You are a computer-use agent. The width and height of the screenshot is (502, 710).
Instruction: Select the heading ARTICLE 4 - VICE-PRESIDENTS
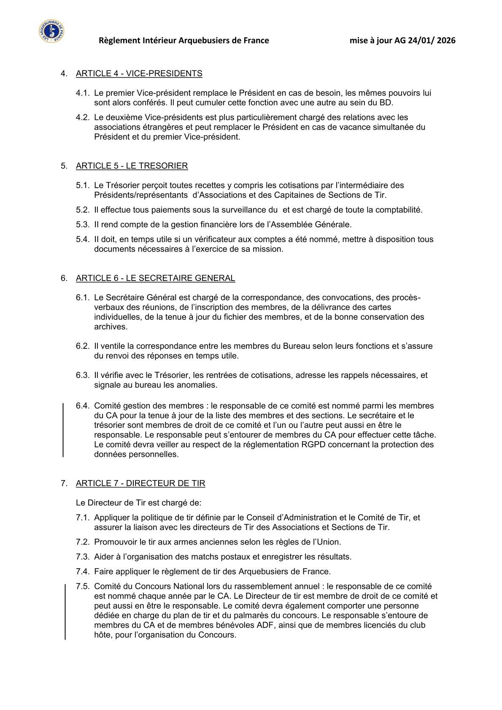click(x=139, y=73)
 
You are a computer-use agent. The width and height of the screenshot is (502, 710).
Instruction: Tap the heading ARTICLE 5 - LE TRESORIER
click(x=132, y=166)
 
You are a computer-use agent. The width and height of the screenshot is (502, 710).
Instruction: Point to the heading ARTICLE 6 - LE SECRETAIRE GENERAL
click(x=155, y=278)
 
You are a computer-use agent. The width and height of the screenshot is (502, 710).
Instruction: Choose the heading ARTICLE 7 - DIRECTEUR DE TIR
click(x=140, y=483)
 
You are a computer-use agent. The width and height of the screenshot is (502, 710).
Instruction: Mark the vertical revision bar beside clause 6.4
click(x=63, y=430)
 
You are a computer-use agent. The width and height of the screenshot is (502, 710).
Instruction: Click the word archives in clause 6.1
click(x=110, y=327)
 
